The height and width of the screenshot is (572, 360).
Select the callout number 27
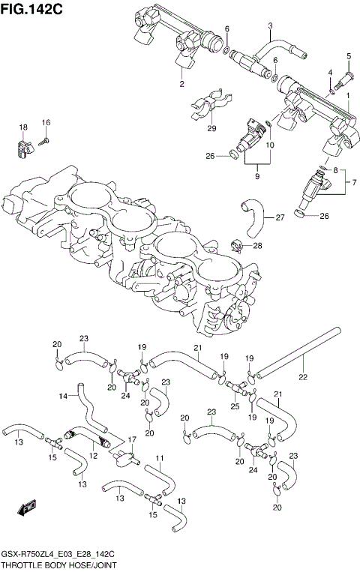point(279,218)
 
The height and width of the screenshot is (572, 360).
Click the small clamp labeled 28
point(235,244)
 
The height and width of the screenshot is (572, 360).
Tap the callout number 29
point(211,128)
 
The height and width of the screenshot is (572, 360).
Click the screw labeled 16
point(45,140)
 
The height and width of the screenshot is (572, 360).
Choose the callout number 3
point(270,25)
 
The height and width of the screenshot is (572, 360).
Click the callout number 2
point(181,84)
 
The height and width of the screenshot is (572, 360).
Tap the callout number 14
point(64,396)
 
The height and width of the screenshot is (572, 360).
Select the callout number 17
point(133,439)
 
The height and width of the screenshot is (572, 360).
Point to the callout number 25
point(235,406)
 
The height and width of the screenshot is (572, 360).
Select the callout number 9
point(256,177)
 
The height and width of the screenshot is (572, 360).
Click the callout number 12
point(93,455)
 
